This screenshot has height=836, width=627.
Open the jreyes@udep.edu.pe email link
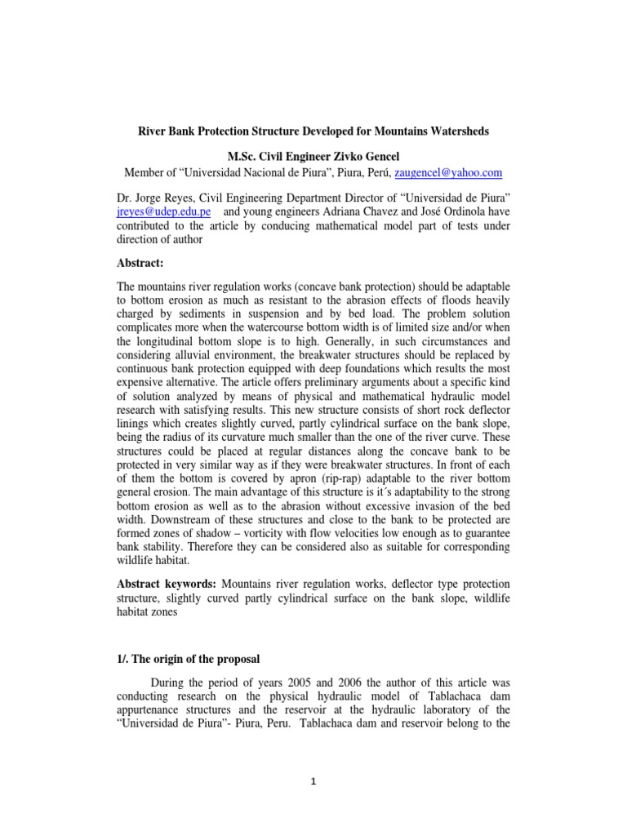coord(160,211)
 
